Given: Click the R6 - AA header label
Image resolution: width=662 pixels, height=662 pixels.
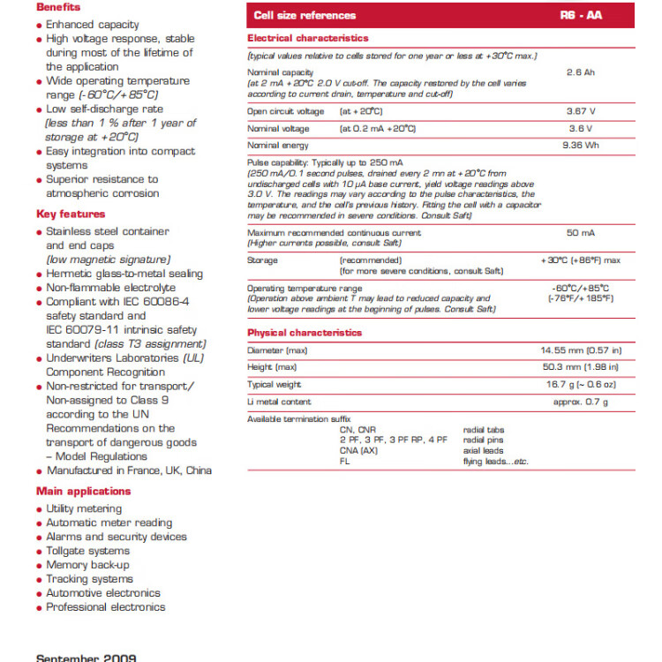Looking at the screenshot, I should tap(581, 15).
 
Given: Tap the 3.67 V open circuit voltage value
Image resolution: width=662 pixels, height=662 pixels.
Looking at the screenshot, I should tap(580, 111).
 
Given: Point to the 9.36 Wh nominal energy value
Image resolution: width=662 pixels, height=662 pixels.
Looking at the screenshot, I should tap(580, 145).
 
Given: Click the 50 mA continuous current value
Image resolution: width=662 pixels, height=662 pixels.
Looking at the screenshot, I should tap(580, 233).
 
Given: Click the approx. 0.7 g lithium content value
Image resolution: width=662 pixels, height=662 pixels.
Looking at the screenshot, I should tap(580, 402).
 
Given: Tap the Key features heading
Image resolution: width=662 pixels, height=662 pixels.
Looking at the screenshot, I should tap(71, 214).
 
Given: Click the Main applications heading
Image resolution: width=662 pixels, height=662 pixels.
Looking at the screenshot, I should tap(83, 491).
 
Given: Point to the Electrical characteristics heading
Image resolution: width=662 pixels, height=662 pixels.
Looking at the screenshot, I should tap(308, 38).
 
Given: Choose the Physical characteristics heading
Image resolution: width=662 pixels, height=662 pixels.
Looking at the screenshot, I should tap(305, 333).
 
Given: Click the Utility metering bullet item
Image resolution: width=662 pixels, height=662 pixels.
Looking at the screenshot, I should tap(84, 508).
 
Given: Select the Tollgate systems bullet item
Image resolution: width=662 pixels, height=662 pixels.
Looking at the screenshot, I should tap(87, 551).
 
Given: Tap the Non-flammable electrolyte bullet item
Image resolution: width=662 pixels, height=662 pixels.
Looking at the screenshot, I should tap(110, 288).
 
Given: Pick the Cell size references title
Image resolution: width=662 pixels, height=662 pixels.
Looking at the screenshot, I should tap(305, 15).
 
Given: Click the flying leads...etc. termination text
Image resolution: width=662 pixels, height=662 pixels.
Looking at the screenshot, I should tap(495, 462).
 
